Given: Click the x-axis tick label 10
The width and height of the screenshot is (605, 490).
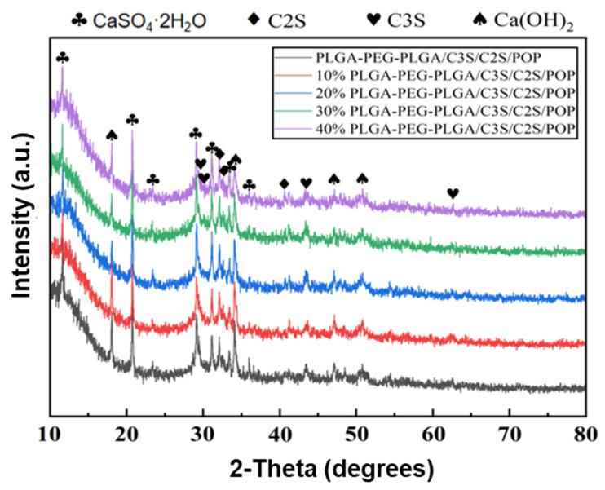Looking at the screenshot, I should [50, 432].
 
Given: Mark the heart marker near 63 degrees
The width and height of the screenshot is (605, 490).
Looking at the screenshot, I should [453, 193].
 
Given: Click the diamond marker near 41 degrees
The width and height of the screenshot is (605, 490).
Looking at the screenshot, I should [285, 183].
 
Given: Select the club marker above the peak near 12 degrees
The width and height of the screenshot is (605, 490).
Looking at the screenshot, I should [63, 58].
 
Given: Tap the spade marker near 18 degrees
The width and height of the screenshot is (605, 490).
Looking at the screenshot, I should [112, 135].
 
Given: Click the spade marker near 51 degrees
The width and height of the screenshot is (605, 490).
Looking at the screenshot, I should [363, 179].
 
